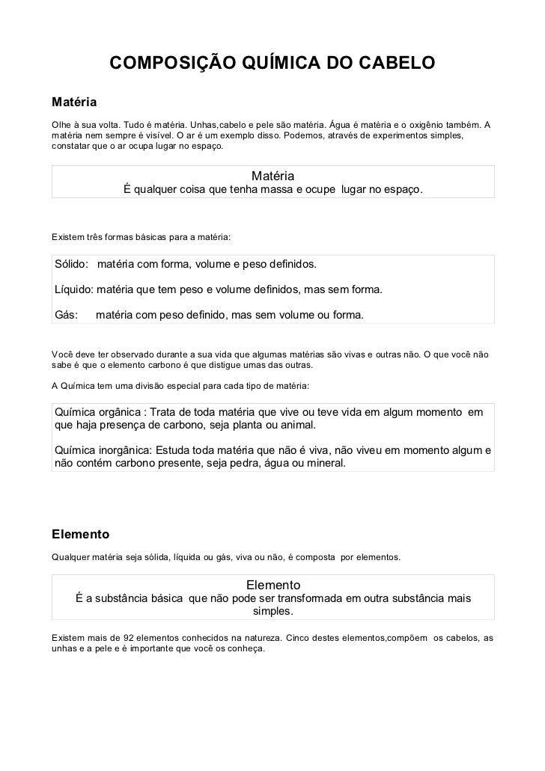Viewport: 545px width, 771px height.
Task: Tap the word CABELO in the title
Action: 393,65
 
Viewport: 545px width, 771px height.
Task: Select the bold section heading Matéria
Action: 74,99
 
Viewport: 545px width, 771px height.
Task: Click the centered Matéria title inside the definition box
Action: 272,176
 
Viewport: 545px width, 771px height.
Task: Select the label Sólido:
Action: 73,265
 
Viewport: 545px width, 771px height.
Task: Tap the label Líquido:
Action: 74,289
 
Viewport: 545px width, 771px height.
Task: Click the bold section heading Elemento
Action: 80,534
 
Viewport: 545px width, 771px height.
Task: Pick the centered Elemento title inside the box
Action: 272,584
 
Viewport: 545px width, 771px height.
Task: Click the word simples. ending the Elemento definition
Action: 272,612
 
